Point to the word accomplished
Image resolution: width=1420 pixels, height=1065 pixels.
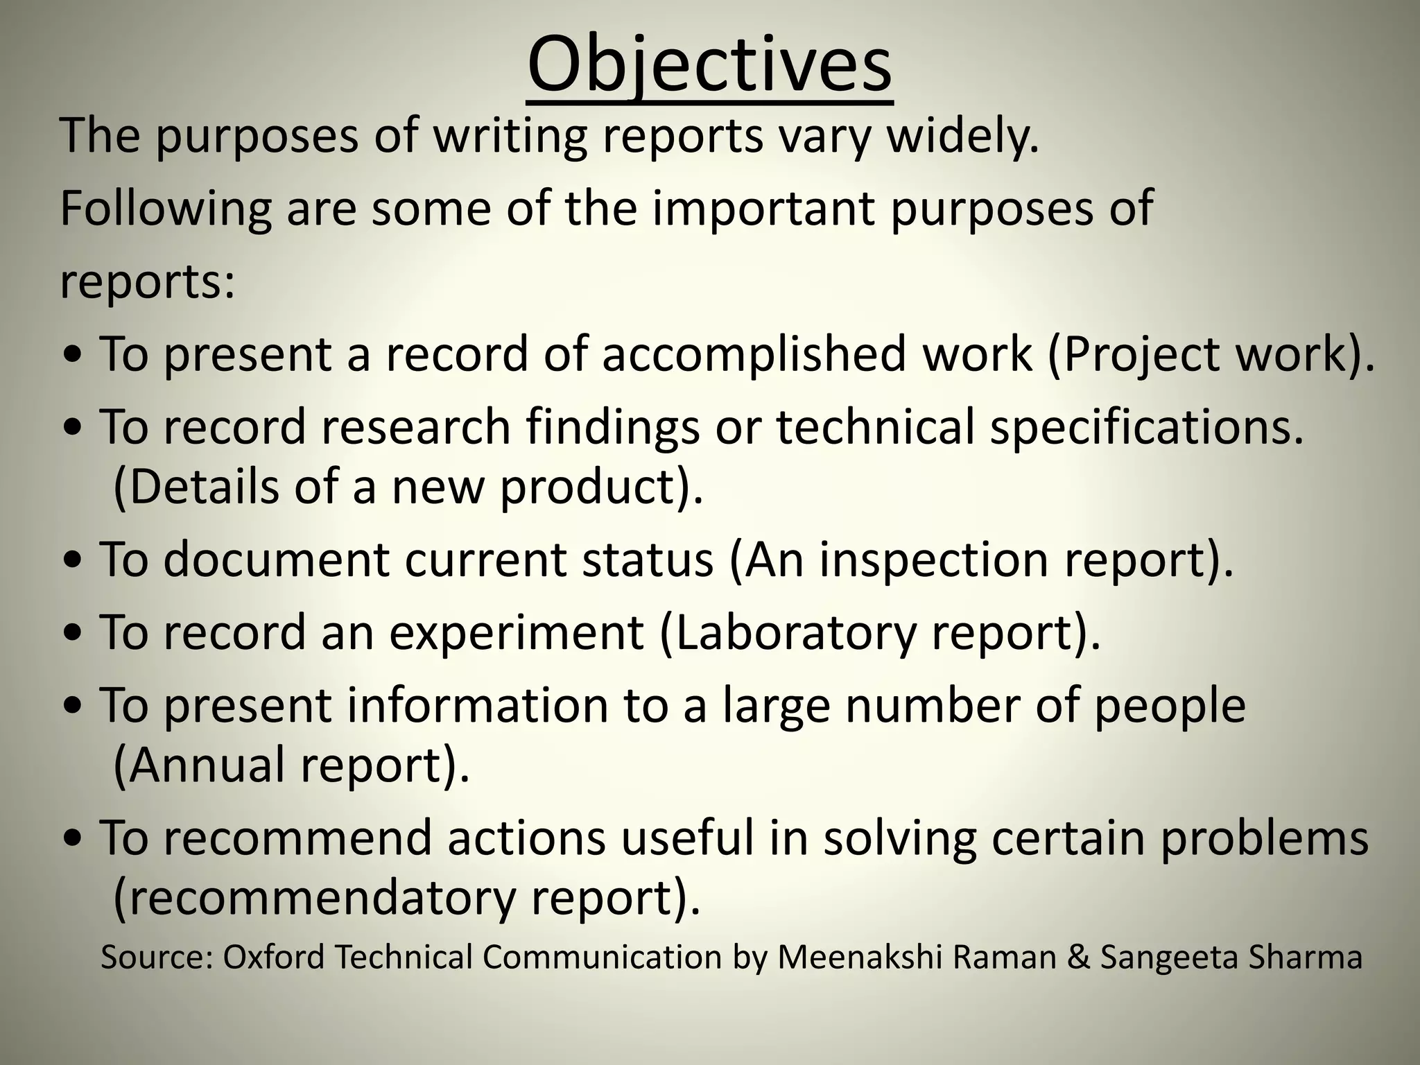754,354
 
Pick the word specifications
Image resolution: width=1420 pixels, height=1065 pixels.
1147,427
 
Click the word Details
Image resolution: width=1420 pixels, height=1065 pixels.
198,487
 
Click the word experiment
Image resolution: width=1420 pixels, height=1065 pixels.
516,632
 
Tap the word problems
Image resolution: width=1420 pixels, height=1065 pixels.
1264,838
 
